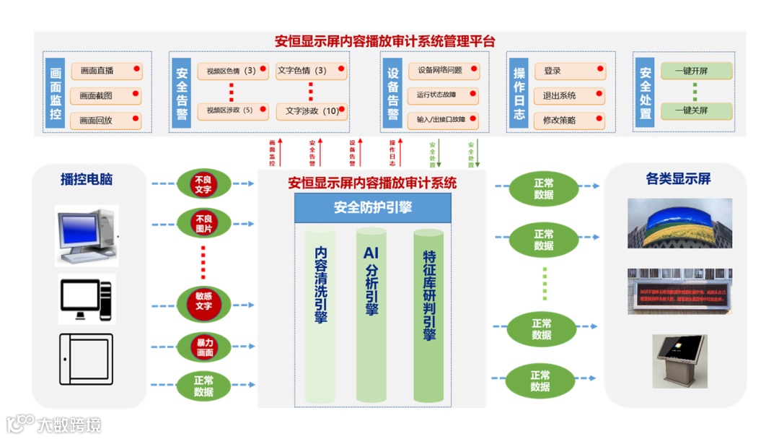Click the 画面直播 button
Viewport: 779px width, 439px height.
(105, 71)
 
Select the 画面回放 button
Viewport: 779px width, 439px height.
(105, 121)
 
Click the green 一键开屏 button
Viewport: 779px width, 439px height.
(696, 71)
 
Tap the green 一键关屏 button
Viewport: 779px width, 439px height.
(696, 110)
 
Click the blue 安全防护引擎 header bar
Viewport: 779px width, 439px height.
(373, 208)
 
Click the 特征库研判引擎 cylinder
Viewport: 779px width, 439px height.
(428, 314)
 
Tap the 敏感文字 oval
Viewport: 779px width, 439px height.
(203, 301)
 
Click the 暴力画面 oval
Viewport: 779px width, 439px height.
(204, 348)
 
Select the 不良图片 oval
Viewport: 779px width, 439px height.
(204, 224)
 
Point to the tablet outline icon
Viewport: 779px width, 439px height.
(86, 359)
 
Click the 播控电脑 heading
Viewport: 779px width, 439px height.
(87, 180)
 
